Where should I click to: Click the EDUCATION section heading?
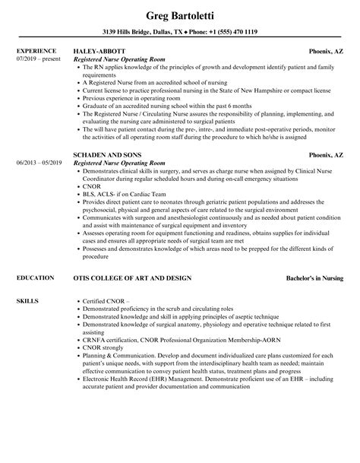tap(35, 279)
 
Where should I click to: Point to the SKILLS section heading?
tap(27, 301)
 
